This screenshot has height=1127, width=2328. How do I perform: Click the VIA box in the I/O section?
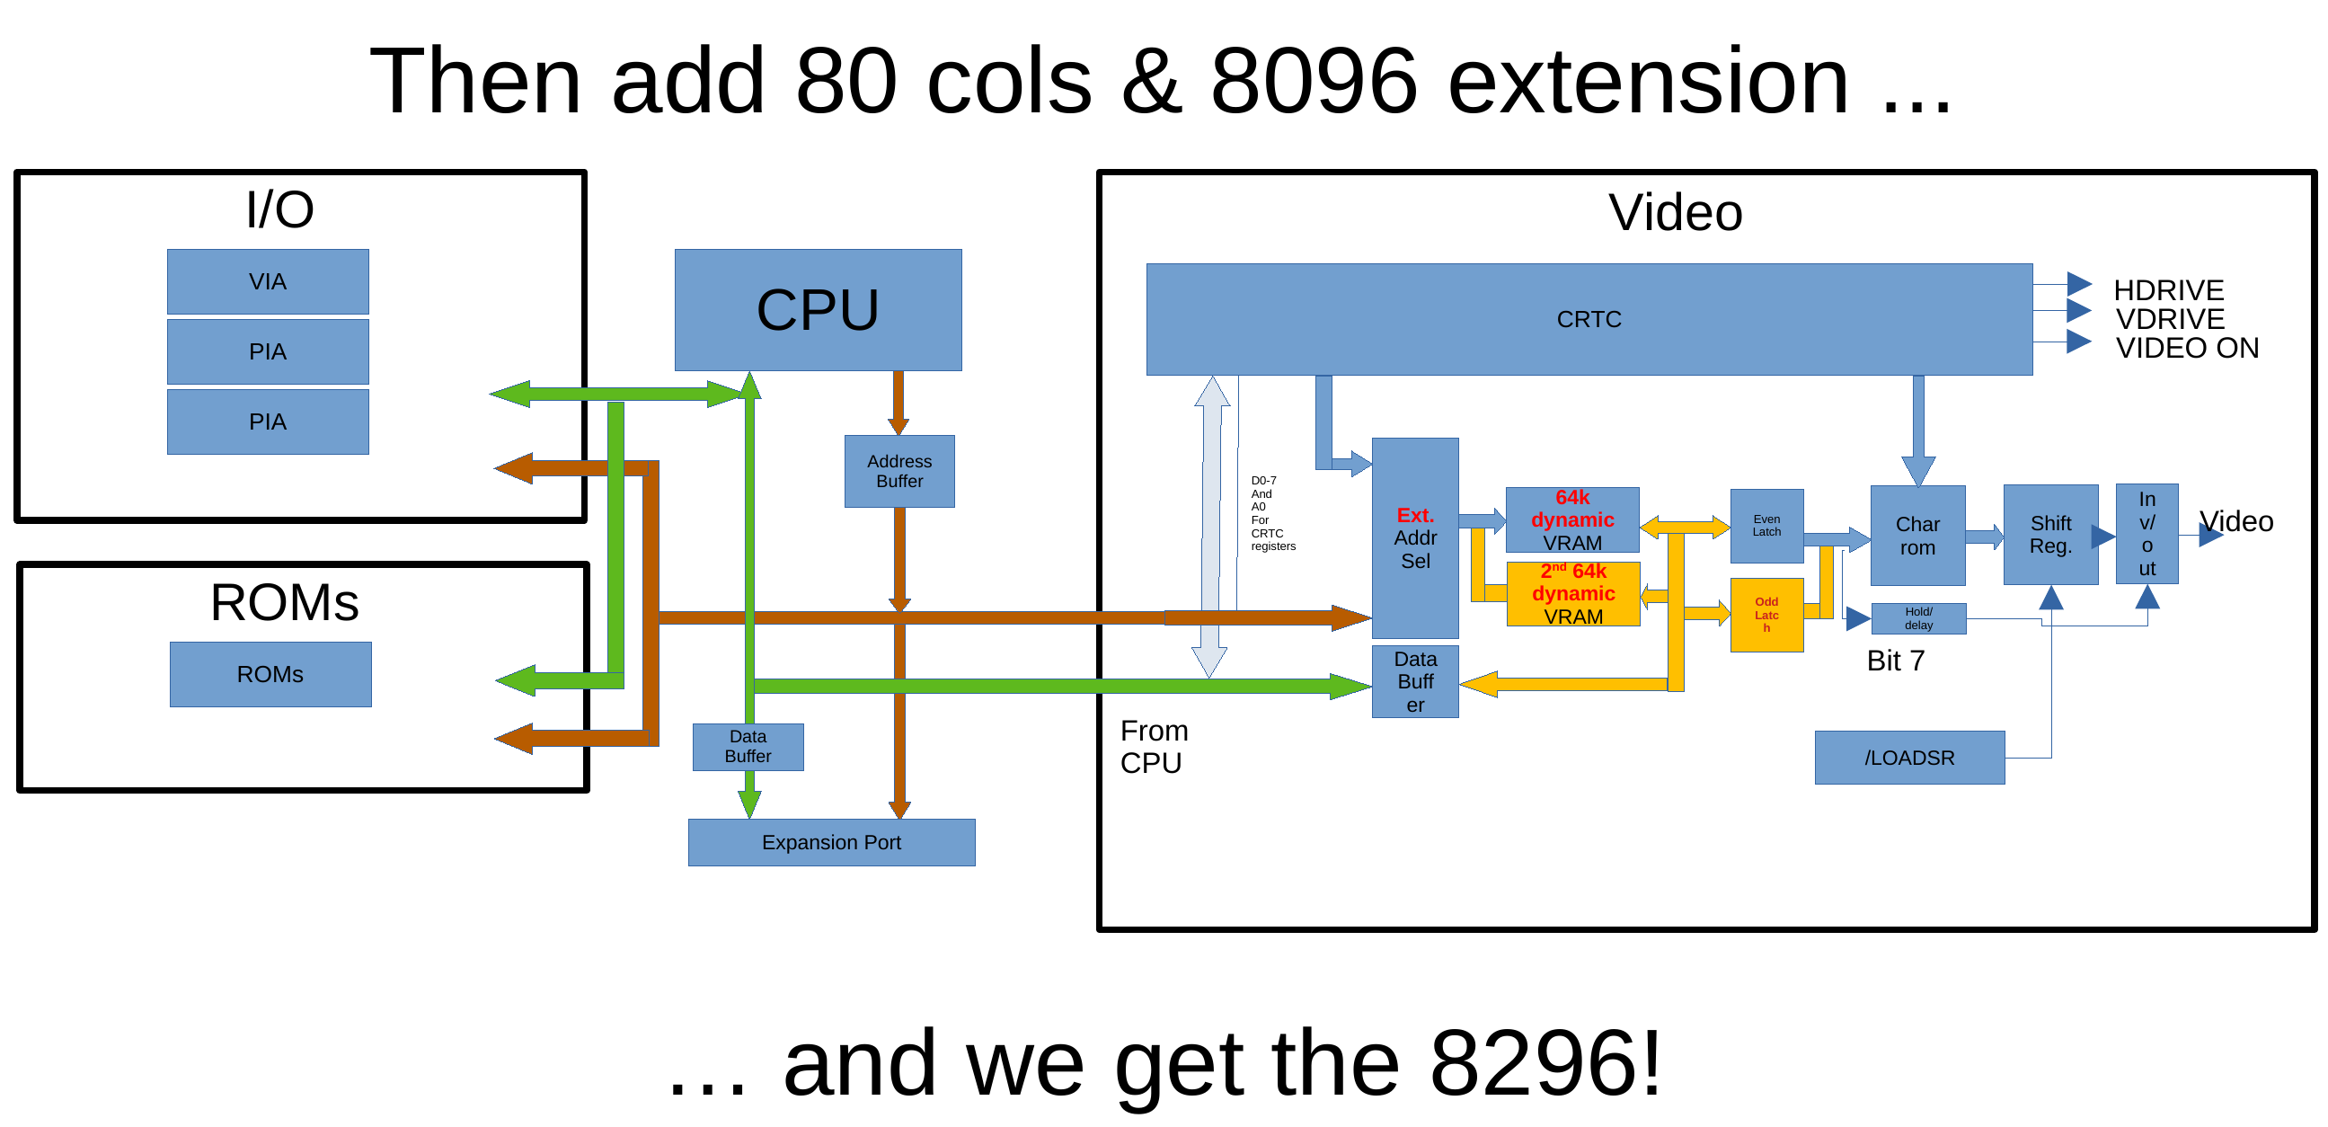[x=268, y=282]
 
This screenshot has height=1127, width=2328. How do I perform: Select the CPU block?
[x=818, y=310]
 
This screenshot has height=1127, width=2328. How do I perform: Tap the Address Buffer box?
[x=899, y=472]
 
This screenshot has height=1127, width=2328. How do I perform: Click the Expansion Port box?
[x=831, y=842]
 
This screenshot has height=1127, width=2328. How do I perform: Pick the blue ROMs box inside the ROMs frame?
[x=270, y=674]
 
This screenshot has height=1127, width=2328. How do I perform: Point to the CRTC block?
[x=1589, y=319]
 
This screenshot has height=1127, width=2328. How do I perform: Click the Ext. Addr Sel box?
[x=1415, y=537]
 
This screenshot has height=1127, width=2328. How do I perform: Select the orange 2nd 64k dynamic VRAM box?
[x=1573, y=594]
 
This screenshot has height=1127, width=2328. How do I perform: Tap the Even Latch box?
[x=1766, y=526]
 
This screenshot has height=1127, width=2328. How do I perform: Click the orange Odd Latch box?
[x=1766, y=615]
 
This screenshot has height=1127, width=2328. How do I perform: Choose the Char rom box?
[x=1917, y=536]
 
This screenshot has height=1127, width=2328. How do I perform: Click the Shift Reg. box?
[x=2050, y=535]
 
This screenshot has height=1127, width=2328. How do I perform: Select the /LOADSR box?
[x=1909, y=758]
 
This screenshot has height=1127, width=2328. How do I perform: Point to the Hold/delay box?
[x=1918, y=618]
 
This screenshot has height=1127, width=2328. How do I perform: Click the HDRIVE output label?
[x=2168, y=290]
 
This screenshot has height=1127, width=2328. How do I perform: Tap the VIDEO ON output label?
[x=2187, y=348]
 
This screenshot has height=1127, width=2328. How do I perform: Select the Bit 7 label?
[x=1896, y=661]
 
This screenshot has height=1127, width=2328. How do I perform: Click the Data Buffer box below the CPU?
[x=748, y=747]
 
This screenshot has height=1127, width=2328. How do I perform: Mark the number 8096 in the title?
[x=1314, y=82]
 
